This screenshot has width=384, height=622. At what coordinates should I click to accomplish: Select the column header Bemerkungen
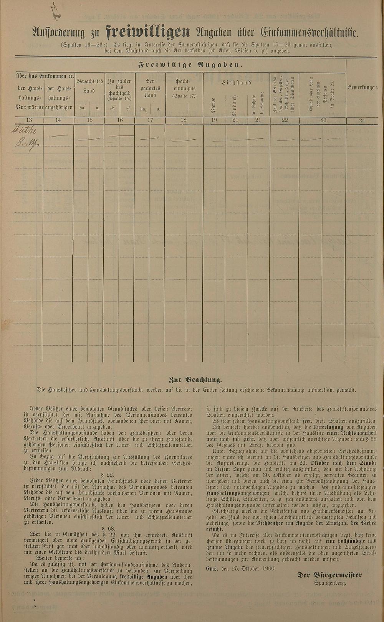click(362, 87)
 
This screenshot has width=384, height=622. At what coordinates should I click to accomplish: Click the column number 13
click(30, 120)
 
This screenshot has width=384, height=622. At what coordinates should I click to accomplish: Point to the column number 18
click(184, 120)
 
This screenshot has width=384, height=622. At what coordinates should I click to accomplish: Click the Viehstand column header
click(236, 82)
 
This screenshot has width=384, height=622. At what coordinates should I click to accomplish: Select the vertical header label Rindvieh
click(236, 104)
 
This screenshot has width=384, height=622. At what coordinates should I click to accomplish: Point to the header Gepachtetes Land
click(89, 86)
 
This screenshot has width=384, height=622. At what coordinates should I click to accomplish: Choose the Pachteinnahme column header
click(184, 88)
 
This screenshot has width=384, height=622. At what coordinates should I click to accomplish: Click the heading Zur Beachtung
click(195, 380)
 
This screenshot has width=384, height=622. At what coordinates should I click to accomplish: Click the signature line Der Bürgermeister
click(329, 575)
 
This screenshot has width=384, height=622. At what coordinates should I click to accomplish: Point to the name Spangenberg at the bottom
click(330, 583)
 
